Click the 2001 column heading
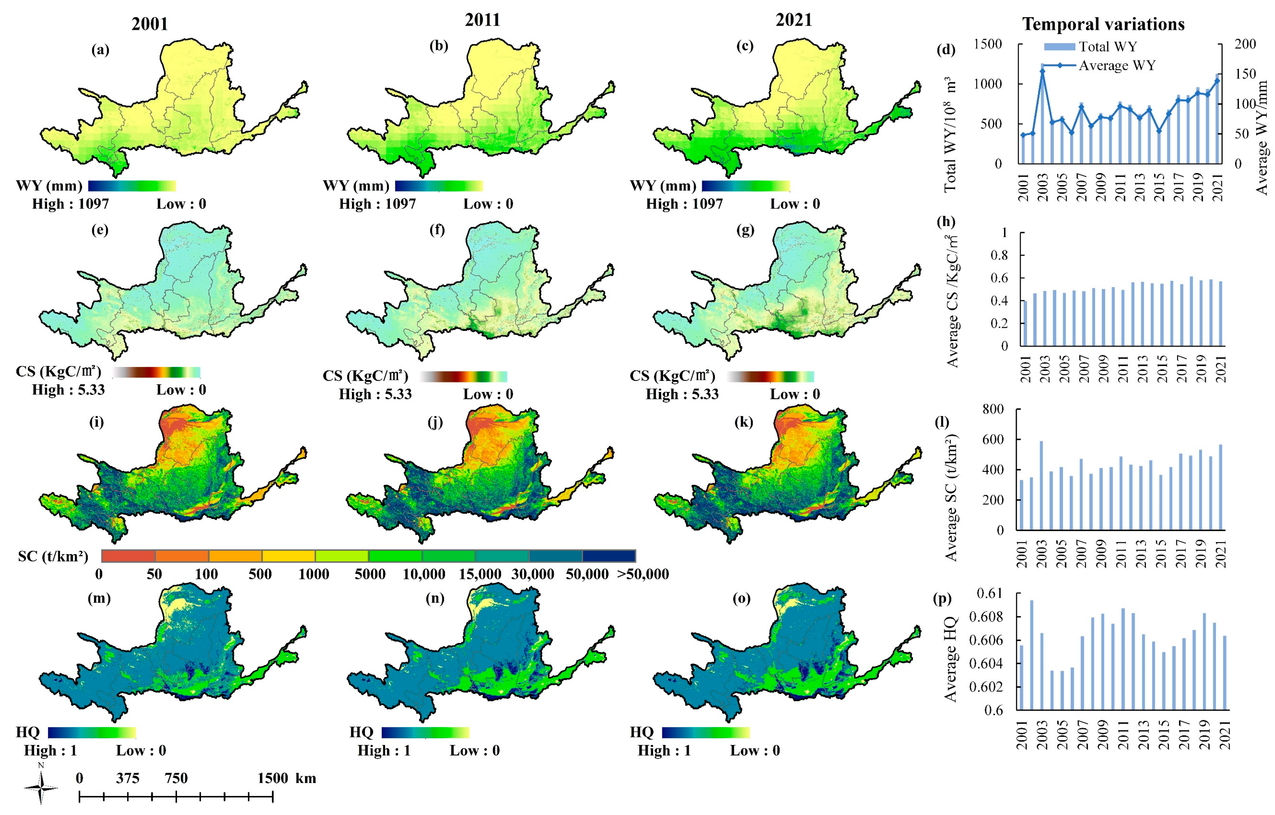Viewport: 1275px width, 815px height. coord(150,24)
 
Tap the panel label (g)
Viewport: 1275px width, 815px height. coord(745,230)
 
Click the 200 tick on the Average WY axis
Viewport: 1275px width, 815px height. coord(1245,44)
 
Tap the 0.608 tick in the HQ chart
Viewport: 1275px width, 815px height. coord(986,617)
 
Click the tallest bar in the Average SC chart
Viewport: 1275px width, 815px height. coord(1041,485)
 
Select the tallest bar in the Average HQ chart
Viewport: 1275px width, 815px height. coord(1031,654)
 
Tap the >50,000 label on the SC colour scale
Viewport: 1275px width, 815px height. coord(643,574)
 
